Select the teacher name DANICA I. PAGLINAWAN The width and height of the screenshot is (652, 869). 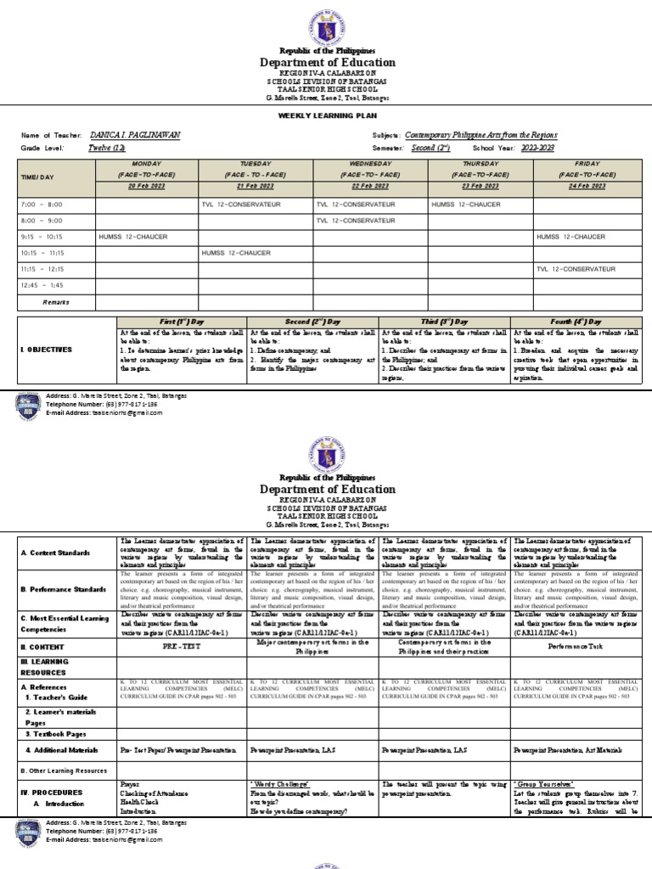[134, 136]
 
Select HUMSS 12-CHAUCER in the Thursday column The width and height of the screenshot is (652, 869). [465, 205]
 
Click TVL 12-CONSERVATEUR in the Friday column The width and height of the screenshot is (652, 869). [576, 269]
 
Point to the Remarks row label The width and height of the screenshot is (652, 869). [56, 301]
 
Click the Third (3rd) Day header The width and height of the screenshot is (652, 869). [445, 322]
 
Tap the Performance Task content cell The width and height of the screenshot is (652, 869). [576, 622]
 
